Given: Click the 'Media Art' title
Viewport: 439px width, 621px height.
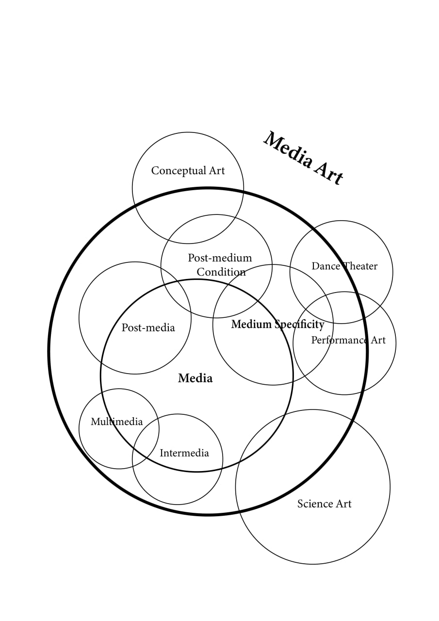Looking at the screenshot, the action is click(303, 158).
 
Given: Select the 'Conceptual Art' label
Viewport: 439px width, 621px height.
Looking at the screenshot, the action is click(188, 171).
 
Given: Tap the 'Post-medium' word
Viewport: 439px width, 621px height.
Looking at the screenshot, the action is click(220, 258).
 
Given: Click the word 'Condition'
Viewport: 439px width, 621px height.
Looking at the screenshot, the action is click(221, 272).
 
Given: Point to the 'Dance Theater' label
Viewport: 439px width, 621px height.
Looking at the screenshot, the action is click(344, 266).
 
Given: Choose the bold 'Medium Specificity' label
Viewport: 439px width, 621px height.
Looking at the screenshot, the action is click(277, 324).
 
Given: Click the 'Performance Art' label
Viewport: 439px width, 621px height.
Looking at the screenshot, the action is click(348, 340).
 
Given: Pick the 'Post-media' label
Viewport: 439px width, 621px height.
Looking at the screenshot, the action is click(148, 327).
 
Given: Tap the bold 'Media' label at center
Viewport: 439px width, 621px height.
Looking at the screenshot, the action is click(195, 378).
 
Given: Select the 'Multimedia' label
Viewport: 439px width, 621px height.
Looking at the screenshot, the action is click(117, 422).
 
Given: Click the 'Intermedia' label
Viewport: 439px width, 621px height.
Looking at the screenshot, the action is click(184, 453).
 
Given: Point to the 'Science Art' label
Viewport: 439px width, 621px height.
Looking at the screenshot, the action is click(324, 504).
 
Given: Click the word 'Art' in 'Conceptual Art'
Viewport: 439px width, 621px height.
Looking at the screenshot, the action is click(217, 170).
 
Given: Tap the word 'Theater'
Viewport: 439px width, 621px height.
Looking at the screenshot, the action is click(360, 266).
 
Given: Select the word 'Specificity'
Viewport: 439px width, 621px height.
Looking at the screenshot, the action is click(300, 325).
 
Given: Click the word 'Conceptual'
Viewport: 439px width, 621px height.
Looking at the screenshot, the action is click(179, 171).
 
